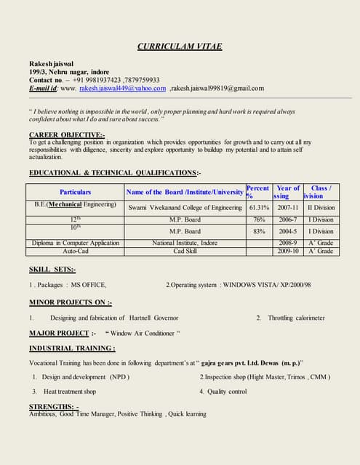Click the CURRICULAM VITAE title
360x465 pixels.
point(180,47)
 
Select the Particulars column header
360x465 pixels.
point(76,192)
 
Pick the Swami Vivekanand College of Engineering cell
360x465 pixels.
point(185,207)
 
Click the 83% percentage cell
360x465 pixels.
point(259,231)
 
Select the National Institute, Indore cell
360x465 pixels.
point(185,243)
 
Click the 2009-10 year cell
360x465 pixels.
point(288,251)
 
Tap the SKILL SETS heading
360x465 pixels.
point(52,270)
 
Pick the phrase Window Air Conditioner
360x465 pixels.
point(143,333)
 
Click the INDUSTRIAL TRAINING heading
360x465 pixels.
point(72,348)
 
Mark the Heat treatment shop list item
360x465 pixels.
point(69,391)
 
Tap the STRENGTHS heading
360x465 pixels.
point(55,406)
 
